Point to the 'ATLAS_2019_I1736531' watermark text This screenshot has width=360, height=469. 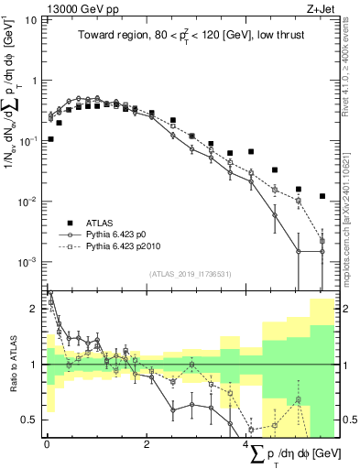point(190,274)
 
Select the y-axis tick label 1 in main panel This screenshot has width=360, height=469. point(33,81)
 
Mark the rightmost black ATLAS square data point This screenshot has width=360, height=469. point(322,196)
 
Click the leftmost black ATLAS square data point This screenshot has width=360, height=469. point(50,139)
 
